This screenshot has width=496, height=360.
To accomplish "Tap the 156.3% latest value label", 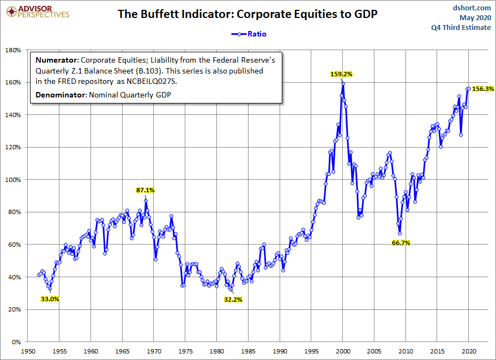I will [483, 88].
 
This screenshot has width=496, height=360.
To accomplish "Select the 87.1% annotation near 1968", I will [146, 190].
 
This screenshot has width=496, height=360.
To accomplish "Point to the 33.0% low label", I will [50, 298].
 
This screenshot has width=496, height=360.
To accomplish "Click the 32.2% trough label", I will [233, 299].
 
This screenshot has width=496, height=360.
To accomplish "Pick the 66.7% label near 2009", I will [401, 243].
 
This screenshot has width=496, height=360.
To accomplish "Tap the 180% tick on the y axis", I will [11, 50].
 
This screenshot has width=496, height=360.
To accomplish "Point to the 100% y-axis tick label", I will [11, 180].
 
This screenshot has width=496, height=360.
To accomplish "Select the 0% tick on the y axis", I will [15, 342].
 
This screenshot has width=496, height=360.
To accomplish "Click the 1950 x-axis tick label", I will [28, 351].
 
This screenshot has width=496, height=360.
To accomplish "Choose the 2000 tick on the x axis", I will [343, 351].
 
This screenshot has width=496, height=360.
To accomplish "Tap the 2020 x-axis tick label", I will [469, 351].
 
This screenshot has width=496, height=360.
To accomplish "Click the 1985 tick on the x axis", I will [249, 351].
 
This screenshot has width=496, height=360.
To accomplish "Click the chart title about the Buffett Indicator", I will [248, 14].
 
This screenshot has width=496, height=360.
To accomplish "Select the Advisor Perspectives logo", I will [36, 11].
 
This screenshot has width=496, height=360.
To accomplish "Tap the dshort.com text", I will [472, 8].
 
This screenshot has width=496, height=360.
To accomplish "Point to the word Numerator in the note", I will [57, 60].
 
